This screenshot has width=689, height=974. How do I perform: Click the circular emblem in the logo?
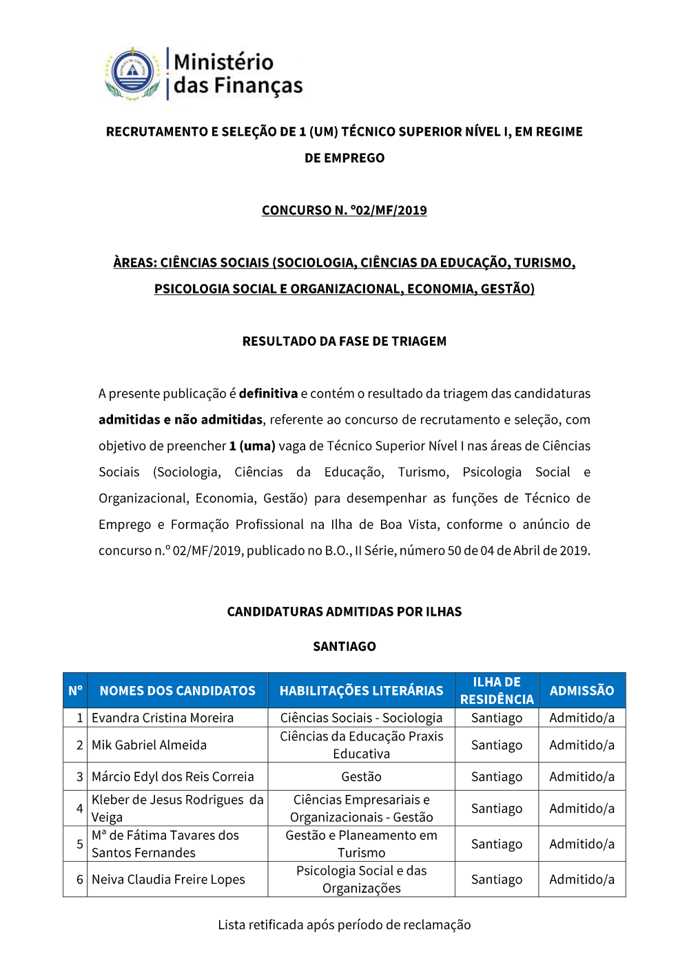coord(132,72)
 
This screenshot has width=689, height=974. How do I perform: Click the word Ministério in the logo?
coord(223,62)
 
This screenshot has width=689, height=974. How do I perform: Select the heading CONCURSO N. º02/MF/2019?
coord(344,210)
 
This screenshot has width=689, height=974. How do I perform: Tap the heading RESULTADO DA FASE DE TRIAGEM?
coord(344,341)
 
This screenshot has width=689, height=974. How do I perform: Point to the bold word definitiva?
coord(268,393)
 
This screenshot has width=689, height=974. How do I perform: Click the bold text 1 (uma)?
coord(252,446)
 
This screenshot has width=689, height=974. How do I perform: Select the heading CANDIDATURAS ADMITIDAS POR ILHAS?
coord(344,612)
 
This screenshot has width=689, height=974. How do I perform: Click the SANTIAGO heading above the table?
coord(344,646)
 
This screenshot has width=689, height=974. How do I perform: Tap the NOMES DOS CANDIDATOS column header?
coord(177,690)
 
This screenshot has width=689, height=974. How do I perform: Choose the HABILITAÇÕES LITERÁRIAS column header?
coord(361,690)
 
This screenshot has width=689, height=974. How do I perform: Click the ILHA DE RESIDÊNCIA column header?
coord(497,690)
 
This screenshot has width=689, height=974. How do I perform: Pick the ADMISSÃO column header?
coord(582,690)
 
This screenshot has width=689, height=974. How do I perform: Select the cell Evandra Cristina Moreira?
coord(163,718)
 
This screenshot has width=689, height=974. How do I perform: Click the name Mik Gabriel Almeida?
coord(149,745)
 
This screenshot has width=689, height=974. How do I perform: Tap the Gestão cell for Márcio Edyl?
coord(361,776)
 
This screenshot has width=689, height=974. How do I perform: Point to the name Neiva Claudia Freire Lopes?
coord(168,879)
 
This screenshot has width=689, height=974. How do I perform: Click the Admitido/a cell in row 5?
coord(582,844)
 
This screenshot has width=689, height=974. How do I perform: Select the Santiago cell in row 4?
coord(497,808)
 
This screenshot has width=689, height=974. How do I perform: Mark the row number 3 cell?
coord(79,776)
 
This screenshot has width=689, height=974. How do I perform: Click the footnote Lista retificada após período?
coord(344,924)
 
